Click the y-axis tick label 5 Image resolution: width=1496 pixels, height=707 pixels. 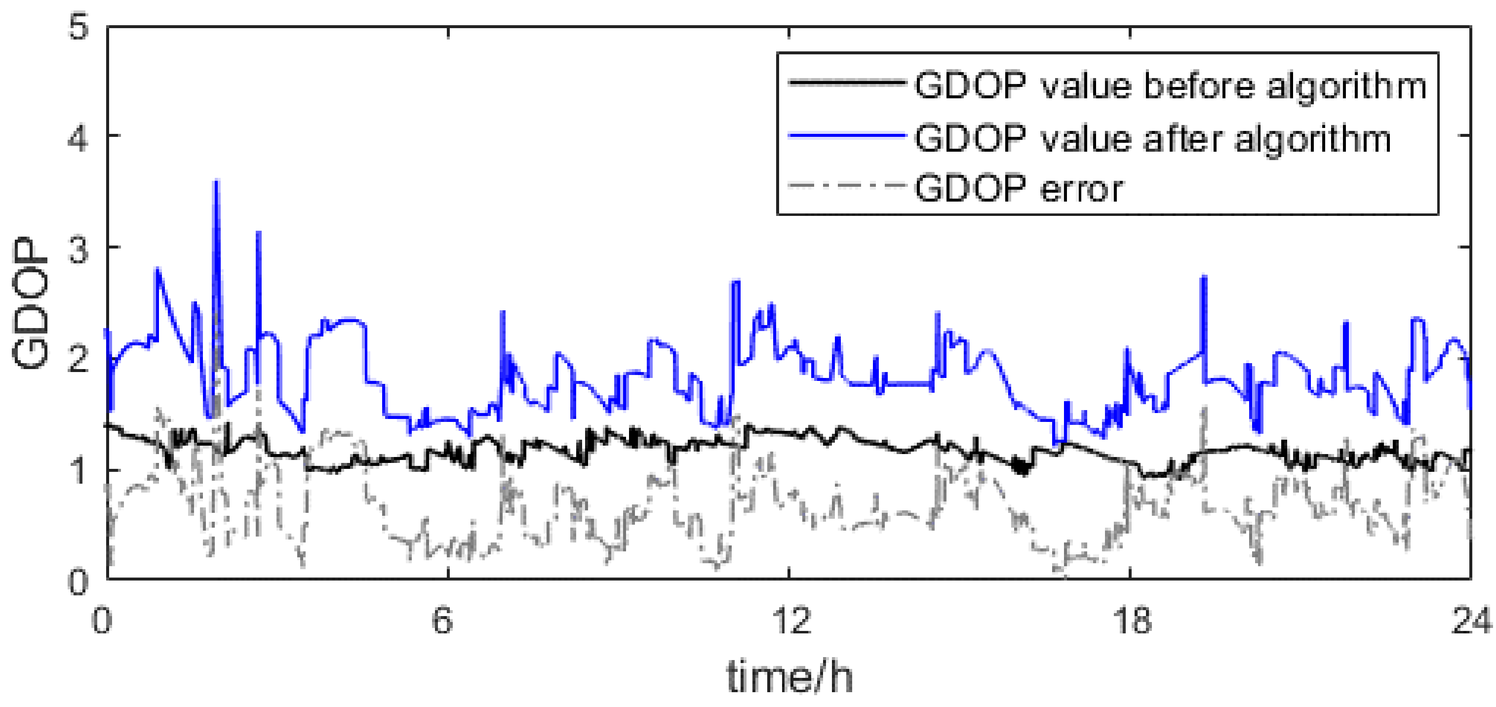click(79, 27)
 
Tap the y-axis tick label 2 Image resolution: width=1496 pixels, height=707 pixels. click(79, 361)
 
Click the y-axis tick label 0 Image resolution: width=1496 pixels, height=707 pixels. click(79, 582)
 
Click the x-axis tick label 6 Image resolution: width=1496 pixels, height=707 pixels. click(442, 621)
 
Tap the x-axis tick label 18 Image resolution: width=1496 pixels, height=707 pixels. click(1132, 621)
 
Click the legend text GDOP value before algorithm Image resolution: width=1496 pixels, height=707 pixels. click(1170, 86)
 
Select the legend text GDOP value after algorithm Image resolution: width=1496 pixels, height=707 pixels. click(1153, 139)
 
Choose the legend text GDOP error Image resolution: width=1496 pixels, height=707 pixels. click(1019, 189)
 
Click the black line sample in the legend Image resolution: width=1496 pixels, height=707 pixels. click(847, 83)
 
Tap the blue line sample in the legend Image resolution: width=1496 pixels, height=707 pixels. click(847, 136)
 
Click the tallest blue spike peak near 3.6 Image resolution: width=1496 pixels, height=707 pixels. click(217, 182)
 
